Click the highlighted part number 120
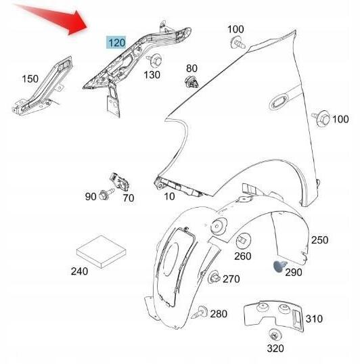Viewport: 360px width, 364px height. coord(116,43)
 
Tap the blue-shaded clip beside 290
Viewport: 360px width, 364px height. coord(279,267)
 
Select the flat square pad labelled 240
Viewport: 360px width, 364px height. coord(102,252)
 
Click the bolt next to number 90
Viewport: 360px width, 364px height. coord(106,194)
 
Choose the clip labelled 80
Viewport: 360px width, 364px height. coord(192,82)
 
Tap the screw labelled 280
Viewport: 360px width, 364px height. coord(200,312)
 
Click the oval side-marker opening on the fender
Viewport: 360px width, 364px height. coord(278,103)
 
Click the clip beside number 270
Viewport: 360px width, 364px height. coord(214,277)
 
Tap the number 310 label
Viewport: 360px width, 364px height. coord(314,319)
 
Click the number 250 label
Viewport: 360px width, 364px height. coord(319,240)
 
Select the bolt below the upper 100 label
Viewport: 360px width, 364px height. coord(238,43)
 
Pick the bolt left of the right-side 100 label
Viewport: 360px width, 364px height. coord(321,118)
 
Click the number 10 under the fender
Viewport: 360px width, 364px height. coord(169,196)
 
